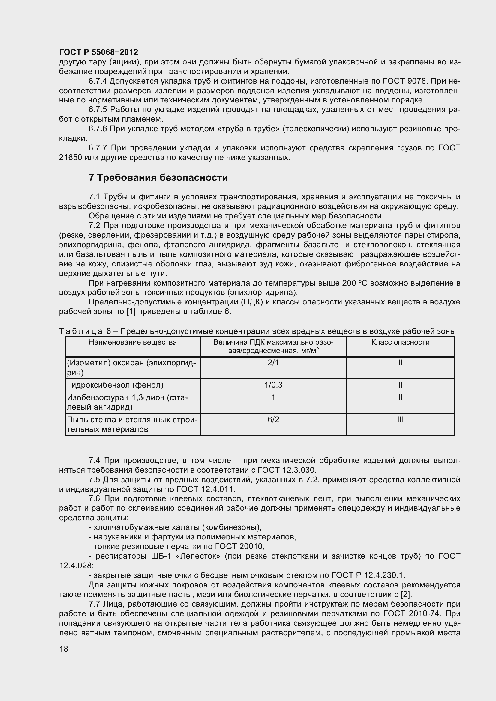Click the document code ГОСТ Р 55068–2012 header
(x=98, y=52)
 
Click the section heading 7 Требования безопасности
(x=158, y=177)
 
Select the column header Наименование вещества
(x=133, y=342)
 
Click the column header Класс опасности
(x=400, y=342)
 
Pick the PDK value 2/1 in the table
(x=273, y=363)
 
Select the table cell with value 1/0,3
(x=273, y=385)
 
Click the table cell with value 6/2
(x=273, y=420)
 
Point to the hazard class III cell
(x=400, y=420)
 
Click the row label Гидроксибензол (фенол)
(x=115, y=385)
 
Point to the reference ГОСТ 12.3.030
(x=287, y=470)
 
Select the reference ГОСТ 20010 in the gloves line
(x=239, y=546)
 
